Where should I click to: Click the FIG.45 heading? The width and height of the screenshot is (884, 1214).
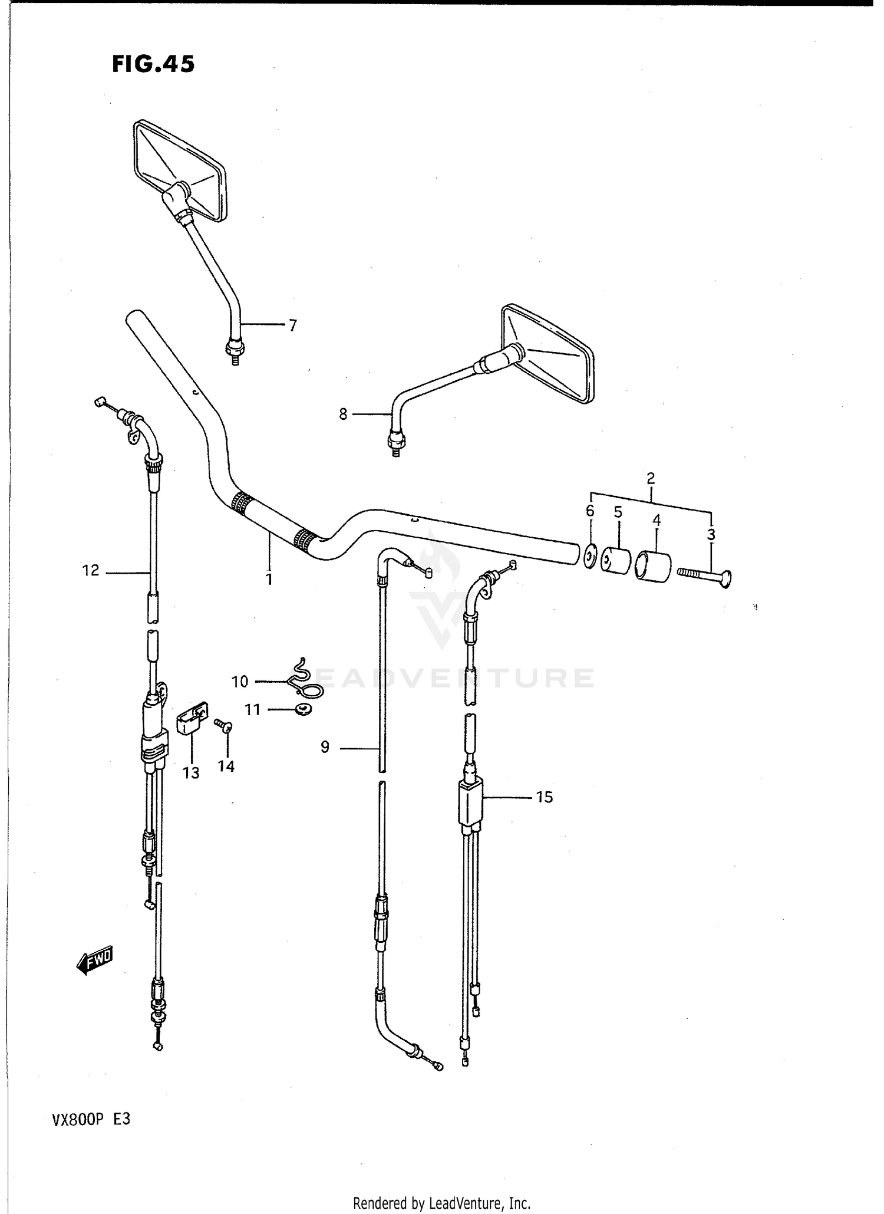[153, 64]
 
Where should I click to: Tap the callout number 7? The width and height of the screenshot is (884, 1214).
[292, 325]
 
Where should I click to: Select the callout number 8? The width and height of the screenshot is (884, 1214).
[343, 414]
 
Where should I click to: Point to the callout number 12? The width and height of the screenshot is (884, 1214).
[91, 571]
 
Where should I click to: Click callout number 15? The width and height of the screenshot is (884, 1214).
[544, 797]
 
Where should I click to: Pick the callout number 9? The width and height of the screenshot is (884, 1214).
[325, 748]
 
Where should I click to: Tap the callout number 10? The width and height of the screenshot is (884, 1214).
[240, 682]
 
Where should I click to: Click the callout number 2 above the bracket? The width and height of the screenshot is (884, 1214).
[651, 478]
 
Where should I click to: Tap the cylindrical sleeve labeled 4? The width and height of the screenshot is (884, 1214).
[653, 565]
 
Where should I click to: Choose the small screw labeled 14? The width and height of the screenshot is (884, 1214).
[225, 727]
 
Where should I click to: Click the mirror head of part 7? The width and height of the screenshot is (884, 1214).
[180, 170]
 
